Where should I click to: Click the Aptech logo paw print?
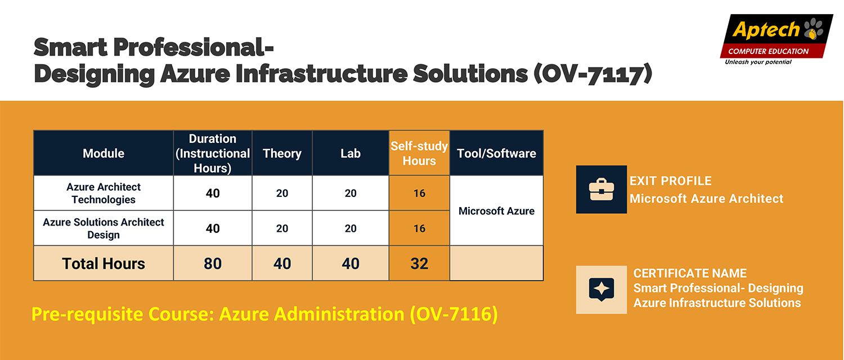[x=813, y=29]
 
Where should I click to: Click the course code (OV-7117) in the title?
[x=592, y=73]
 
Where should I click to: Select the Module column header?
[x=103, y=153]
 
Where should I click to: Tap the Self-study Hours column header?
[x=419, y=153]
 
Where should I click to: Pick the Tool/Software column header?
[x=496, y=153]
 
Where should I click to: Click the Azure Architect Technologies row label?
[x=103, y=193]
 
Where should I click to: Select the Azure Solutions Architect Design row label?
[x=103, y=228]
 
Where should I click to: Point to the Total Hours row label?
[x=103, y=263]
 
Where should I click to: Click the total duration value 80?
[x=213, y=263]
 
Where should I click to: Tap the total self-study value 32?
[x=419, y=263]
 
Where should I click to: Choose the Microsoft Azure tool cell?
[x=496, y=211]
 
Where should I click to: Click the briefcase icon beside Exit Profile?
[x=601, y=190]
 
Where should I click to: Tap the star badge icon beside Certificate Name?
[x=601, y=290]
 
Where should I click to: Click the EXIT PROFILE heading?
[x=670, y=181]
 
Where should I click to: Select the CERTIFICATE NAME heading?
[x=690, y=273]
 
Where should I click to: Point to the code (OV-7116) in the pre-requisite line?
[x=454, y=314]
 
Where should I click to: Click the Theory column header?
[x=282, y=153]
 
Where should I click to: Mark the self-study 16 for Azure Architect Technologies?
[x=419, y=193]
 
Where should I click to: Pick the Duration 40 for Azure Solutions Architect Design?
[x=213, y=228]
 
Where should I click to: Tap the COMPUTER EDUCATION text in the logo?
[x=768, y=51]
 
